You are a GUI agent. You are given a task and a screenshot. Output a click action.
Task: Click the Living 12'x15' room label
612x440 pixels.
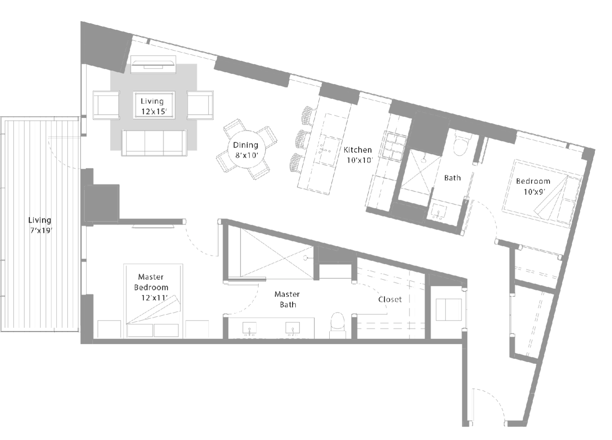[x=154, y=106]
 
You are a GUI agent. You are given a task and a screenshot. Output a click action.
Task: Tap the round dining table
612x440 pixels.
[x=245, y=150]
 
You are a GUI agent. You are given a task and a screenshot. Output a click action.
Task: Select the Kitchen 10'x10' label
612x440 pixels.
[x=359, y=155]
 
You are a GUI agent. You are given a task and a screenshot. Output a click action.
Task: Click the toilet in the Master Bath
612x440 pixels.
[x=338, y=325]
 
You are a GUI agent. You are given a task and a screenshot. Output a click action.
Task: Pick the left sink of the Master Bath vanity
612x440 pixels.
[x=249, y=329]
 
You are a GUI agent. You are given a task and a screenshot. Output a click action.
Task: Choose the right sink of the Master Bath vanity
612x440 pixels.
[x=293, y=329]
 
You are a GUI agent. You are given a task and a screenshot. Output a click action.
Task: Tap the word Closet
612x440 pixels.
[x=390, y=299]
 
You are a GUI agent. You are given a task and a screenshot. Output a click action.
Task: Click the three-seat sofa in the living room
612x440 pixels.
[x=154, y=143]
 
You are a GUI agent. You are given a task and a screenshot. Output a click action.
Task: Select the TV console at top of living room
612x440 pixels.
[x=153, y=64]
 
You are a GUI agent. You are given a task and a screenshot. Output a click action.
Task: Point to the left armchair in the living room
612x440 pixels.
[x=106, y=105]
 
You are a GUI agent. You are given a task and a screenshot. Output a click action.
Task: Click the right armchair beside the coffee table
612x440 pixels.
[x=200, y=105]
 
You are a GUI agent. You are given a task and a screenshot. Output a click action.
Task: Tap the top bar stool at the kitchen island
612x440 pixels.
[x=309, y=115]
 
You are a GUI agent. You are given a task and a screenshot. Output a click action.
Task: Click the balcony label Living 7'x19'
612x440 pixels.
[x=40, y=226]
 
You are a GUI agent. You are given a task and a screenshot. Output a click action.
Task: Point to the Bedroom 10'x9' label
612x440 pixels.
[x=533, y=186]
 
